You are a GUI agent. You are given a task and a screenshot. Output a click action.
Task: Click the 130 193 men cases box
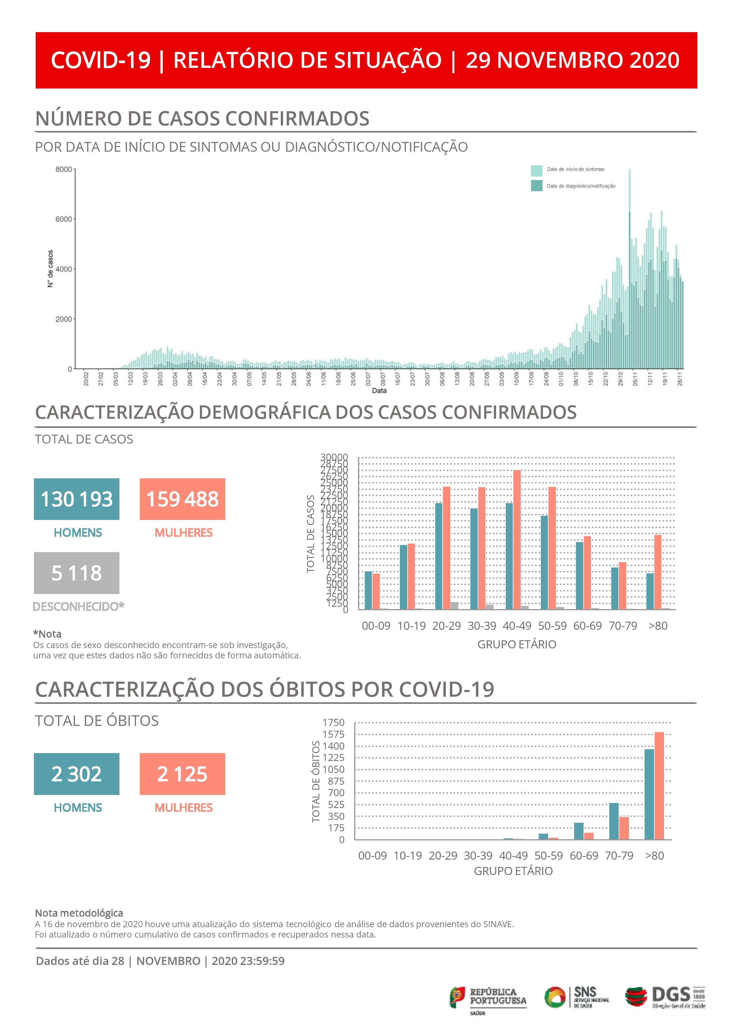[x=77, y=499]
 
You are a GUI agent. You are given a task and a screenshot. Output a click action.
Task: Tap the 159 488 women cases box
[x=182, y=499]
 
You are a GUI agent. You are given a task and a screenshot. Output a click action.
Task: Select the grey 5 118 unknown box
[x=77, y=573]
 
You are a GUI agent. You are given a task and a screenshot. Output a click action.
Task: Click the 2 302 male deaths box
[x=77, y=774]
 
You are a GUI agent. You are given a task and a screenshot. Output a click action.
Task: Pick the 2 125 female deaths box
[x=182, y=774]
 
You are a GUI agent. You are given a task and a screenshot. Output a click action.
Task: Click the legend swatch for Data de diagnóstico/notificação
[x=537, y=186]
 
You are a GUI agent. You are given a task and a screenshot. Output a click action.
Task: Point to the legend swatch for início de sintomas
[x=537, y=171]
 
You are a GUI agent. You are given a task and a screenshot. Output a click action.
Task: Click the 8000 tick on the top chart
[x=63, y=169]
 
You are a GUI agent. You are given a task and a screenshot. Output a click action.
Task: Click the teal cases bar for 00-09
[x=368, y=590]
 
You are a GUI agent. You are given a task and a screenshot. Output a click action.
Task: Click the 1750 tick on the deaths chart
[x=333, y=722]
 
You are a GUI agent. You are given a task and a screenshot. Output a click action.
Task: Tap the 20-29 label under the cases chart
[x=446, y=626]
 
